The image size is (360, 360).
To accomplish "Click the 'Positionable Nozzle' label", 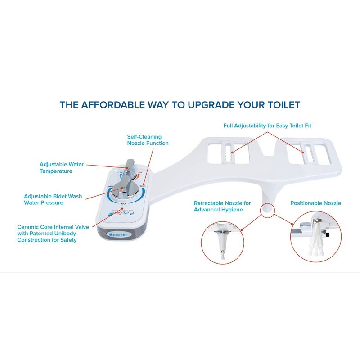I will click(315, 203).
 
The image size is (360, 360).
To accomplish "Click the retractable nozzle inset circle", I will click(221, 242).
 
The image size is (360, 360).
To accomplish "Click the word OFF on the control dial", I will click(122, 203).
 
